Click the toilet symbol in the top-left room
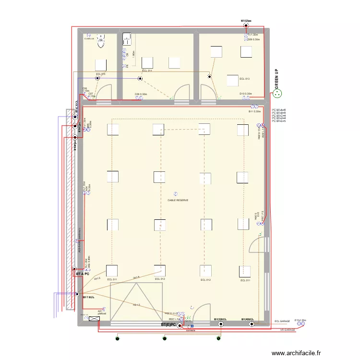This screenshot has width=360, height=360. (x=101, y=42)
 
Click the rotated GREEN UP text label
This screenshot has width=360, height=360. (x=276, y=79)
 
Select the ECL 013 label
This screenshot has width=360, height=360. (x=244, y=79)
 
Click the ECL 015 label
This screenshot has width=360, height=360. (x=100, y=74)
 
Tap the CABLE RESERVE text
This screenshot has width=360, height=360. (x=178, y=200)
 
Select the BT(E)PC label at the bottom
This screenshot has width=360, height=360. (x=168, y=325)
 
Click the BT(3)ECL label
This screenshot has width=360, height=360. (x=220, y=319)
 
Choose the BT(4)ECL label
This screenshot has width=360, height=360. (x=248, y=319)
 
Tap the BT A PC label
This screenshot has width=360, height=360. (x=83, y=274)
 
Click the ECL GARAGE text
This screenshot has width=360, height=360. (x=282, y=321)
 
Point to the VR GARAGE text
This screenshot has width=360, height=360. (x=287, y=330)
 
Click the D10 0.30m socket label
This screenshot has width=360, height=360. (x=245, y=94)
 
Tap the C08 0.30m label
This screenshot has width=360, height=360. (x=140, y=94)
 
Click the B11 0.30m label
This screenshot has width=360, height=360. (x=254, y=111)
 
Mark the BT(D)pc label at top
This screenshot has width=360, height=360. (x=246, y=21)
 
